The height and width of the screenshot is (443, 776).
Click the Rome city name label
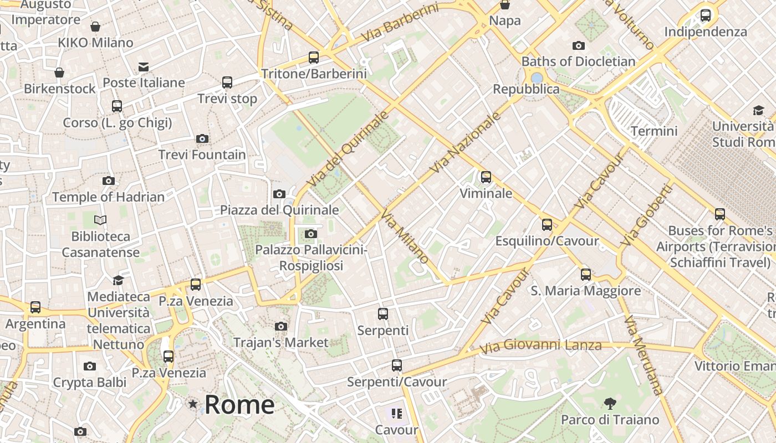pyautogui.click(x=239, y=405)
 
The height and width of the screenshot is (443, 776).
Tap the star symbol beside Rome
pyautogui.click(x=193, y=404)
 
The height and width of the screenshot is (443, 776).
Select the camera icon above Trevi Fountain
pyautogui.click(x=202, y=138)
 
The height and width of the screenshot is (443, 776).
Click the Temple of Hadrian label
pyautogui.click(x=108, y=197)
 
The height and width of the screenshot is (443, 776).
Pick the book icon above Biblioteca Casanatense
pyautogui.click(x=100, y=220)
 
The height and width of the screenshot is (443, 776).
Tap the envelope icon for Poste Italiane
pyautogui.click(x=144, y=67)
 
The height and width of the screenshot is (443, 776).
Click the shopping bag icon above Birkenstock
pyautogui.click(x=59, y=73)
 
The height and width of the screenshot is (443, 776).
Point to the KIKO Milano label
pyautogui.click(x=95, y=43)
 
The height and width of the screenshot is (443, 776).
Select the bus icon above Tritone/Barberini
pyautogui.click(x=314, y=57)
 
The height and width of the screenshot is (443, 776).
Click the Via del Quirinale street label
pyautogui.click(x=348, y=148)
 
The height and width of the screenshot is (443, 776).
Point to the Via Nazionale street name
pyautogui.click(x=467, y=142)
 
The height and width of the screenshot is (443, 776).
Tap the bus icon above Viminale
pyautogui.click(x=486, y=177)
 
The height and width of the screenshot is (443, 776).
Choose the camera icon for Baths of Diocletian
pyautogui.click(x=579, y=45)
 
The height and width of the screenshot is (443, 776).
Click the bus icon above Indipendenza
pyautogui.click(x=706, y=16)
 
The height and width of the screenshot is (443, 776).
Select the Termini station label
pyautogui.click(x=654, y=131)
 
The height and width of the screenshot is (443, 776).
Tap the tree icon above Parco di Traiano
pyautogui.click(x=610, y=403)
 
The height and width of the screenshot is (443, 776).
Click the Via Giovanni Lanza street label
pyautogui.click(x=540, y=346)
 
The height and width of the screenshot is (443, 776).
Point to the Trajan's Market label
pyautogui.click(x=281, y=343)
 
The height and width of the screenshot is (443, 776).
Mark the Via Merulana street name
pyautogui.click(x=644, y=355)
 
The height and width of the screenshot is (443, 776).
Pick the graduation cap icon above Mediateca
pyautogui.click(x=118, y=280)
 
